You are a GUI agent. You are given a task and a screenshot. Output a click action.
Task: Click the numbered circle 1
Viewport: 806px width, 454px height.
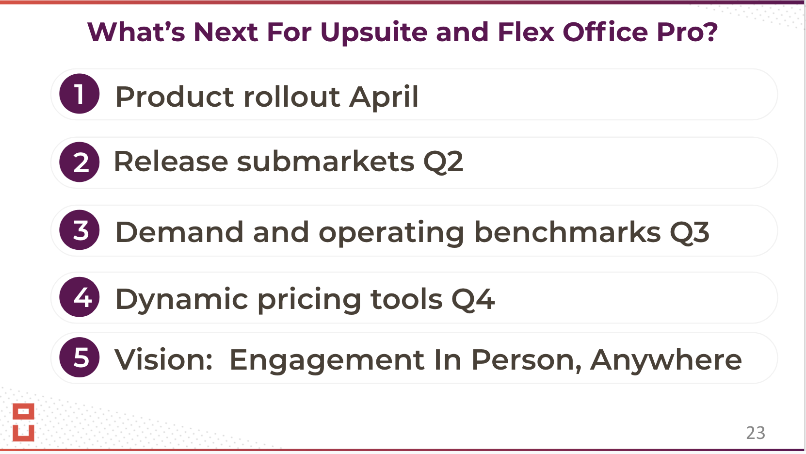click(80, 94)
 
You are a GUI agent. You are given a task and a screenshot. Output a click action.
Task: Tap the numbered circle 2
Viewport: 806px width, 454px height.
click(80, 162)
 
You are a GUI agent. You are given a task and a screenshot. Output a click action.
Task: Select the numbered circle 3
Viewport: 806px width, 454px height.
click(80, 230)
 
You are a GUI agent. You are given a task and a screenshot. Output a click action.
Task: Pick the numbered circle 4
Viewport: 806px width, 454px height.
click(80, 297)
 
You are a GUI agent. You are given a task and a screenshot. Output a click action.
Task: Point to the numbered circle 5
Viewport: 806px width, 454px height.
click(80, 357)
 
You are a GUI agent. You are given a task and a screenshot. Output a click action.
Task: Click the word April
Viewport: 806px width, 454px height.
click(384, 97)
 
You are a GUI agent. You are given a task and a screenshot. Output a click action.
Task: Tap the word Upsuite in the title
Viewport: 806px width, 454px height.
click(374, 33)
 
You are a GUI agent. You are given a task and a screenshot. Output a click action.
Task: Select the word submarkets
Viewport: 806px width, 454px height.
click(325, 161)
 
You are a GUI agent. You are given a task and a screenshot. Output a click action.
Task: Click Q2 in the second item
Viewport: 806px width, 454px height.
click(443, 162)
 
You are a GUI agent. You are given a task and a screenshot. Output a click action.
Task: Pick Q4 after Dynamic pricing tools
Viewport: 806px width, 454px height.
click(473, 299)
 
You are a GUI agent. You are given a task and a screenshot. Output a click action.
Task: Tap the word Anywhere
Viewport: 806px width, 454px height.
click(666, 361)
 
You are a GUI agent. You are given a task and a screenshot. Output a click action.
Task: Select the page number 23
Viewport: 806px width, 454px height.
click(756, 433)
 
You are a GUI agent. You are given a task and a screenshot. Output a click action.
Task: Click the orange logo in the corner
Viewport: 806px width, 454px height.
click(23, 422)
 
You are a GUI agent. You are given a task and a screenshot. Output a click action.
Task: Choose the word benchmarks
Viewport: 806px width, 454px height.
click(567, 231)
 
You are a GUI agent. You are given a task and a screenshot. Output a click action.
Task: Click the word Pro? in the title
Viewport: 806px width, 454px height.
click(687, 32)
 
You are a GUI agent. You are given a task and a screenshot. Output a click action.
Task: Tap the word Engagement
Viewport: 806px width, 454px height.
click(327, 361)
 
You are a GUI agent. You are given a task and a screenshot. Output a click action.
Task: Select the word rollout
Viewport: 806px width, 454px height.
click(292, 97)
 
